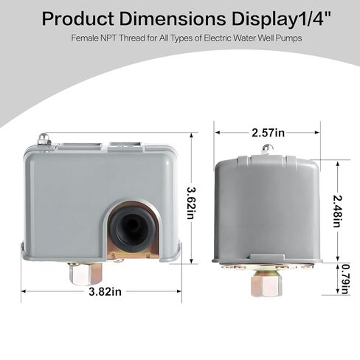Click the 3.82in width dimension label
tap(105, 291)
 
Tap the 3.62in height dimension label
tap(192, 203)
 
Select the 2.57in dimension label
tap(268, 133)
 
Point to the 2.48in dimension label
tap(337, 211)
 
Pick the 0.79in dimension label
tap(345, 279)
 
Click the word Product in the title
tap(78, 19)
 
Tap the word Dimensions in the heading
tap(173, 18)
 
